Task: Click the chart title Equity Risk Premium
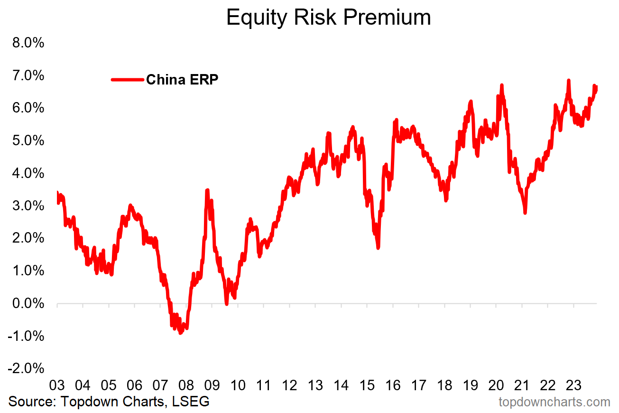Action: coord(328,18)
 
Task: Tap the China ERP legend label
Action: coord(182,79)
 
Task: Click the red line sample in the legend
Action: coord(128,80)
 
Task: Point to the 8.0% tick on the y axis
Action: coord(27,43)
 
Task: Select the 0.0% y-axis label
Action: coord(27,303)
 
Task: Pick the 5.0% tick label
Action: coord(27,141)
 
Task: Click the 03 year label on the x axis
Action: coord(57,385)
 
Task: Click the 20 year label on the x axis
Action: coord(496,385)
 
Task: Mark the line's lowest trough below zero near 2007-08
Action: coord(180,333)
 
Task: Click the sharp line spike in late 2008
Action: coord(207,190)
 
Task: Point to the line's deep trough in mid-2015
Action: coord(378,247)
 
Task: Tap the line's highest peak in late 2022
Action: coord(568,81)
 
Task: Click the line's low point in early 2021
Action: coord(525,213)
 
